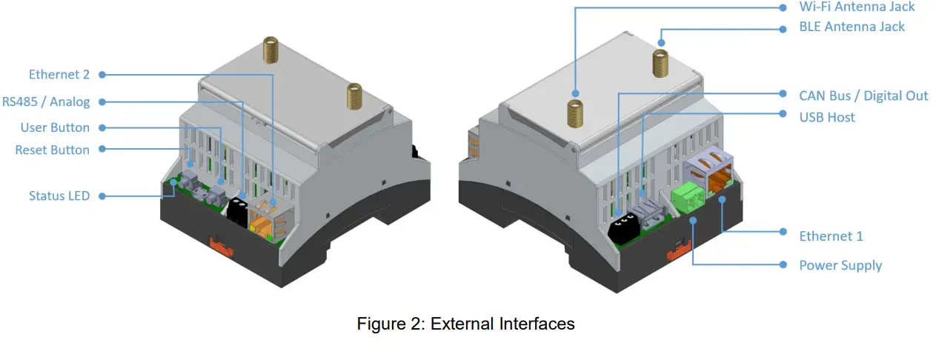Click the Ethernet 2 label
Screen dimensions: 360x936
tap(59, 74)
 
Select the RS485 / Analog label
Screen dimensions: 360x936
tap(46, 101)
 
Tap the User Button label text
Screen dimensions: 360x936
tap(55, 127)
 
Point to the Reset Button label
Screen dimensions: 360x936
tap(52, 150)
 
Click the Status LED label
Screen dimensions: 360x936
tap(59, 196)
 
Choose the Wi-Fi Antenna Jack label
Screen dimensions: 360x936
tap(857, 7)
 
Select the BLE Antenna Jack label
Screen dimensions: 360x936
tap(852, 27)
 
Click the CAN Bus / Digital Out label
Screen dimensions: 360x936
tap(863, 96)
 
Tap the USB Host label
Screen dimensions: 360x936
tap(826, 117)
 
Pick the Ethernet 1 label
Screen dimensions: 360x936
tap(831, 236)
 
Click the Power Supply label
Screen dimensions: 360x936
tap(840, 265)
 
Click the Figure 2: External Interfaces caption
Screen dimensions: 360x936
tap(465, 324)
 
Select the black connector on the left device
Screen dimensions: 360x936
tap(238, 213)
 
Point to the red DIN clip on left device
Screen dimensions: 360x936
tap(222, 244)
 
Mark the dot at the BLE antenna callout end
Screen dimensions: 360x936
tap(662, 43)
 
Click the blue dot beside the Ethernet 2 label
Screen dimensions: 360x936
tap(102, 74)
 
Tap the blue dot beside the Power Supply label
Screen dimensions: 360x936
tap(783, 264)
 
